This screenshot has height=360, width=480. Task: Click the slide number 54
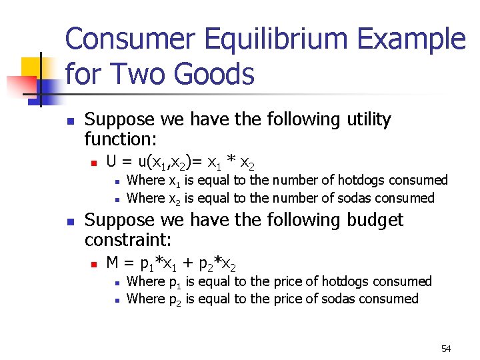(x=446, y=349)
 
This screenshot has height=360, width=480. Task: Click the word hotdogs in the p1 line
(x=347, y=281)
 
